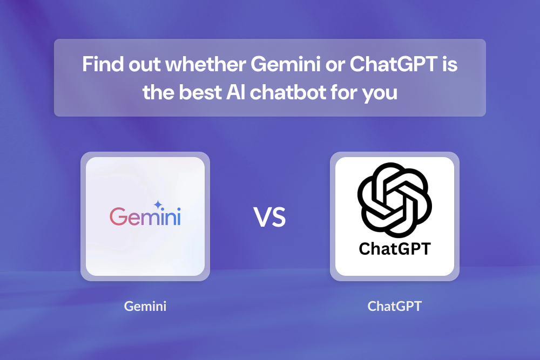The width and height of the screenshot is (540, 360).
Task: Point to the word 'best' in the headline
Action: coord(195,92)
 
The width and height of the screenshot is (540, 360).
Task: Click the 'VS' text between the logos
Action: coord(269,217)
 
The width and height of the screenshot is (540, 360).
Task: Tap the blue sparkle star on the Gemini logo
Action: coord(158,205)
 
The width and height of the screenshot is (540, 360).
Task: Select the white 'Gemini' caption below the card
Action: coord(145,307)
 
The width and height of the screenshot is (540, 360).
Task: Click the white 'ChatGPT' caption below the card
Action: coord(394,307)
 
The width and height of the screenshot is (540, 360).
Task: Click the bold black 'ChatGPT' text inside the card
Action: coord(395,249)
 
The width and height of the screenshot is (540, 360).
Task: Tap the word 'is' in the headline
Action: coord(450,65)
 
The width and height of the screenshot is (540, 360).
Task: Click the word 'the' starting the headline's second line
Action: coord(158,92)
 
